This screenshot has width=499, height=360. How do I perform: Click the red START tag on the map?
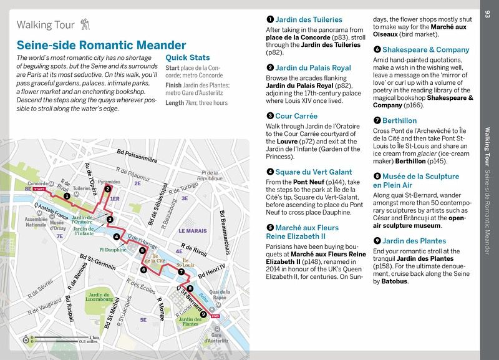point(41,188)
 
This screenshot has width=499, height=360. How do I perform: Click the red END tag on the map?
point(215,317)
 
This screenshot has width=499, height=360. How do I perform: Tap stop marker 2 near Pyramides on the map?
point(108,188)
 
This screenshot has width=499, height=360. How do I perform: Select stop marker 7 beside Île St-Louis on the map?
point(180,272)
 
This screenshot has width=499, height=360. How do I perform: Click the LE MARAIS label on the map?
point(192,231)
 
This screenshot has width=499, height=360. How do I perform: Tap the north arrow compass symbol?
point(26,339)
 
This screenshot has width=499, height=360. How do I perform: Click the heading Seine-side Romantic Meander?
point(101,46)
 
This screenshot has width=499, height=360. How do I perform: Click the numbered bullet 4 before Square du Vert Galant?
point(269,172)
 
